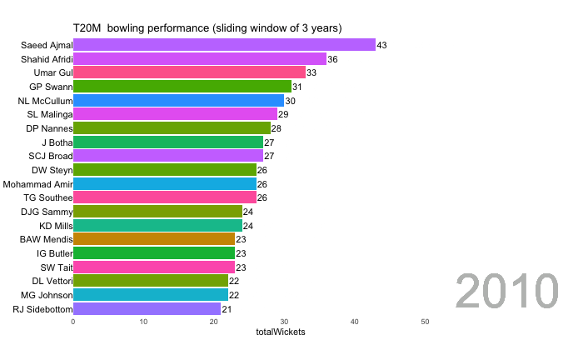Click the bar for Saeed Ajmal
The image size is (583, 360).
(x=224, y=45)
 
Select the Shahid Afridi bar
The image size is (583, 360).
(x=200, y=59)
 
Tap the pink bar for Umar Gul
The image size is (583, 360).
(x=189, y=72)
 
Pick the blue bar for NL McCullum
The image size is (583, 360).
(x=178, y=100)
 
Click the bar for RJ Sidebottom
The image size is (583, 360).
(x=147, y=308)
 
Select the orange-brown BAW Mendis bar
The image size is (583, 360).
(x=154, y=239)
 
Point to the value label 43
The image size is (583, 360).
(x=381, y=45)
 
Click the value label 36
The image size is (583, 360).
(x=332, y=59)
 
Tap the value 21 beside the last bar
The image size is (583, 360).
(x=227, y=308)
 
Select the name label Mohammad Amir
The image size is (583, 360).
(x=37, y=183)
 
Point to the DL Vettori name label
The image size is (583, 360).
(x=47, y=281)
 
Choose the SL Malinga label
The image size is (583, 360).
(x=47, y=114)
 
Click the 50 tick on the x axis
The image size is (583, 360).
(x=425, y=322)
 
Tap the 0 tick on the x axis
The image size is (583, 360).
(x=73, y=322)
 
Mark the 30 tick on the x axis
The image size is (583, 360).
(x=284, y=322)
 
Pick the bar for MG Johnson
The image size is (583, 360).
(x=150, y=294)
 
